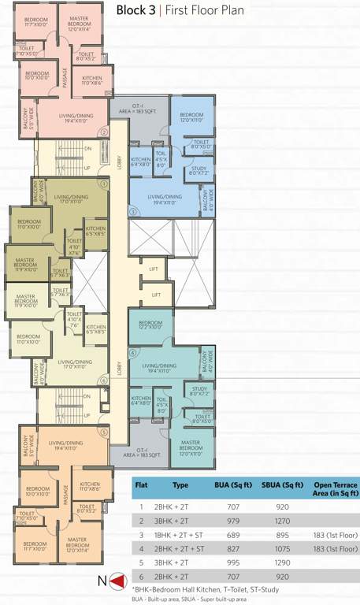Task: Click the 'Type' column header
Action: pyautogui.click(x=180, y=486)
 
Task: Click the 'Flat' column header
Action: pyautogui.click(x=142, y=486)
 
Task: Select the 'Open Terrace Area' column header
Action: pyautogui.click(x=335, y=489)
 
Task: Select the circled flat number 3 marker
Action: pyautogui.click(x=133, y=211)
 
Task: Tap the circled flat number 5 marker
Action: pyautogui.click(x=103, y=432)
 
